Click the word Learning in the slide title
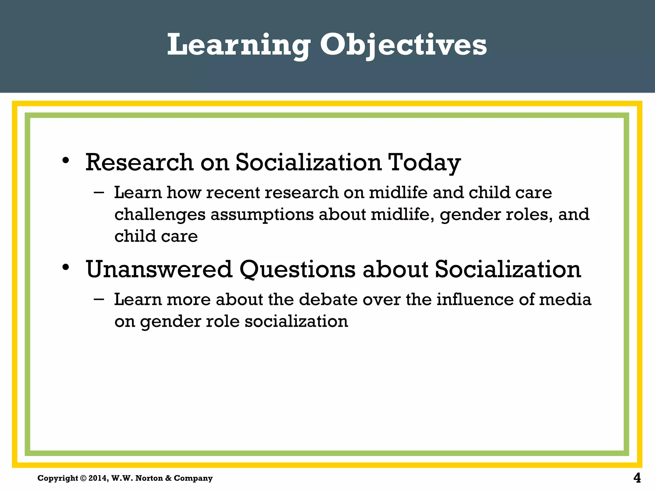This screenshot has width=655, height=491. click(238, 45)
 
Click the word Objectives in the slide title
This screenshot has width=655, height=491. click(403, 45)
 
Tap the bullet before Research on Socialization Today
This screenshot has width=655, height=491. click(66, 160)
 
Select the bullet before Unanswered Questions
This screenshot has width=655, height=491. click(66, 268)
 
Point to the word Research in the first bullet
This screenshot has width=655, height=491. click(139, 162)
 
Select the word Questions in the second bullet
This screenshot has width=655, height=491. click(297, 270)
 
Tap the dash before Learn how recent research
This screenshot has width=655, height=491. click(99, 192)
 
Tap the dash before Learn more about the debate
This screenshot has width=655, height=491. click(99, 300)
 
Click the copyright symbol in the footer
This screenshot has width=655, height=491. click(83, 478)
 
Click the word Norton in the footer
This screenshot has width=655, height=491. click(149, 478)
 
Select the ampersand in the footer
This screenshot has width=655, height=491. click(168, 478)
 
